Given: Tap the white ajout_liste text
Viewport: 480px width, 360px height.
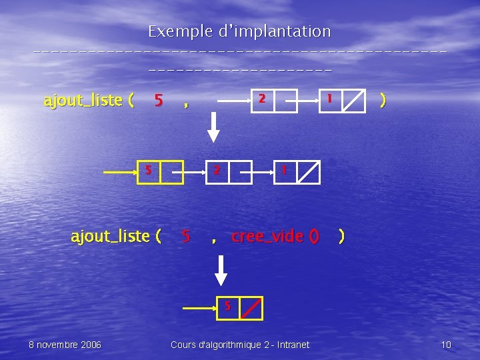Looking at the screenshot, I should (x=116, y=236).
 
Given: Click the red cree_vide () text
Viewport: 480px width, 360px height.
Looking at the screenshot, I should (x=275, y=236).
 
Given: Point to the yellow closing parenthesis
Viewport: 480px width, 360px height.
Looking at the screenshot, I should (x=381, y=100).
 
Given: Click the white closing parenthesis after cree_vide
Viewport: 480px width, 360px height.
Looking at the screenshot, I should (x=341, y=236).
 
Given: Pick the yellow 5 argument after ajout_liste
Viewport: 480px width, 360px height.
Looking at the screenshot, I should (x=159, y=101).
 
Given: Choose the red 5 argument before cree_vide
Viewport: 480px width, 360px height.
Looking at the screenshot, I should (x=186, y=236).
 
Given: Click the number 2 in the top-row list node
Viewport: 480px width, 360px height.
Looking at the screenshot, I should (x=263, y=99).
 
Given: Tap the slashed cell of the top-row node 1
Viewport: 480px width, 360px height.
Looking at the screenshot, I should (x=353, y=100).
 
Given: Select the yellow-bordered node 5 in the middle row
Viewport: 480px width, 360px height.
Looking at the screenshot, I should (x=160, y=171).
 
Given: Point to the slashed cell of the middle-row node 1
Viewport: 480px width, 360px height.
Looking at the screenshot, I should (x=308, y=172).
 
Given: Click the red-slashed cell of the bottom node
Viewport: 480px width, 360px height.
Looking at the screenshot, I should (x=251, y=308).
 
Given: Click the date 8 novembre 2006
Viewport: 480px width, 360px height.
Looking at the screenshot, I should (x=65, y=345).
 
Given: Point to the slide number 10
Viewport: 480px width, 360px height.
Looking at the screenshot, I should (x=446, y=345).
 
